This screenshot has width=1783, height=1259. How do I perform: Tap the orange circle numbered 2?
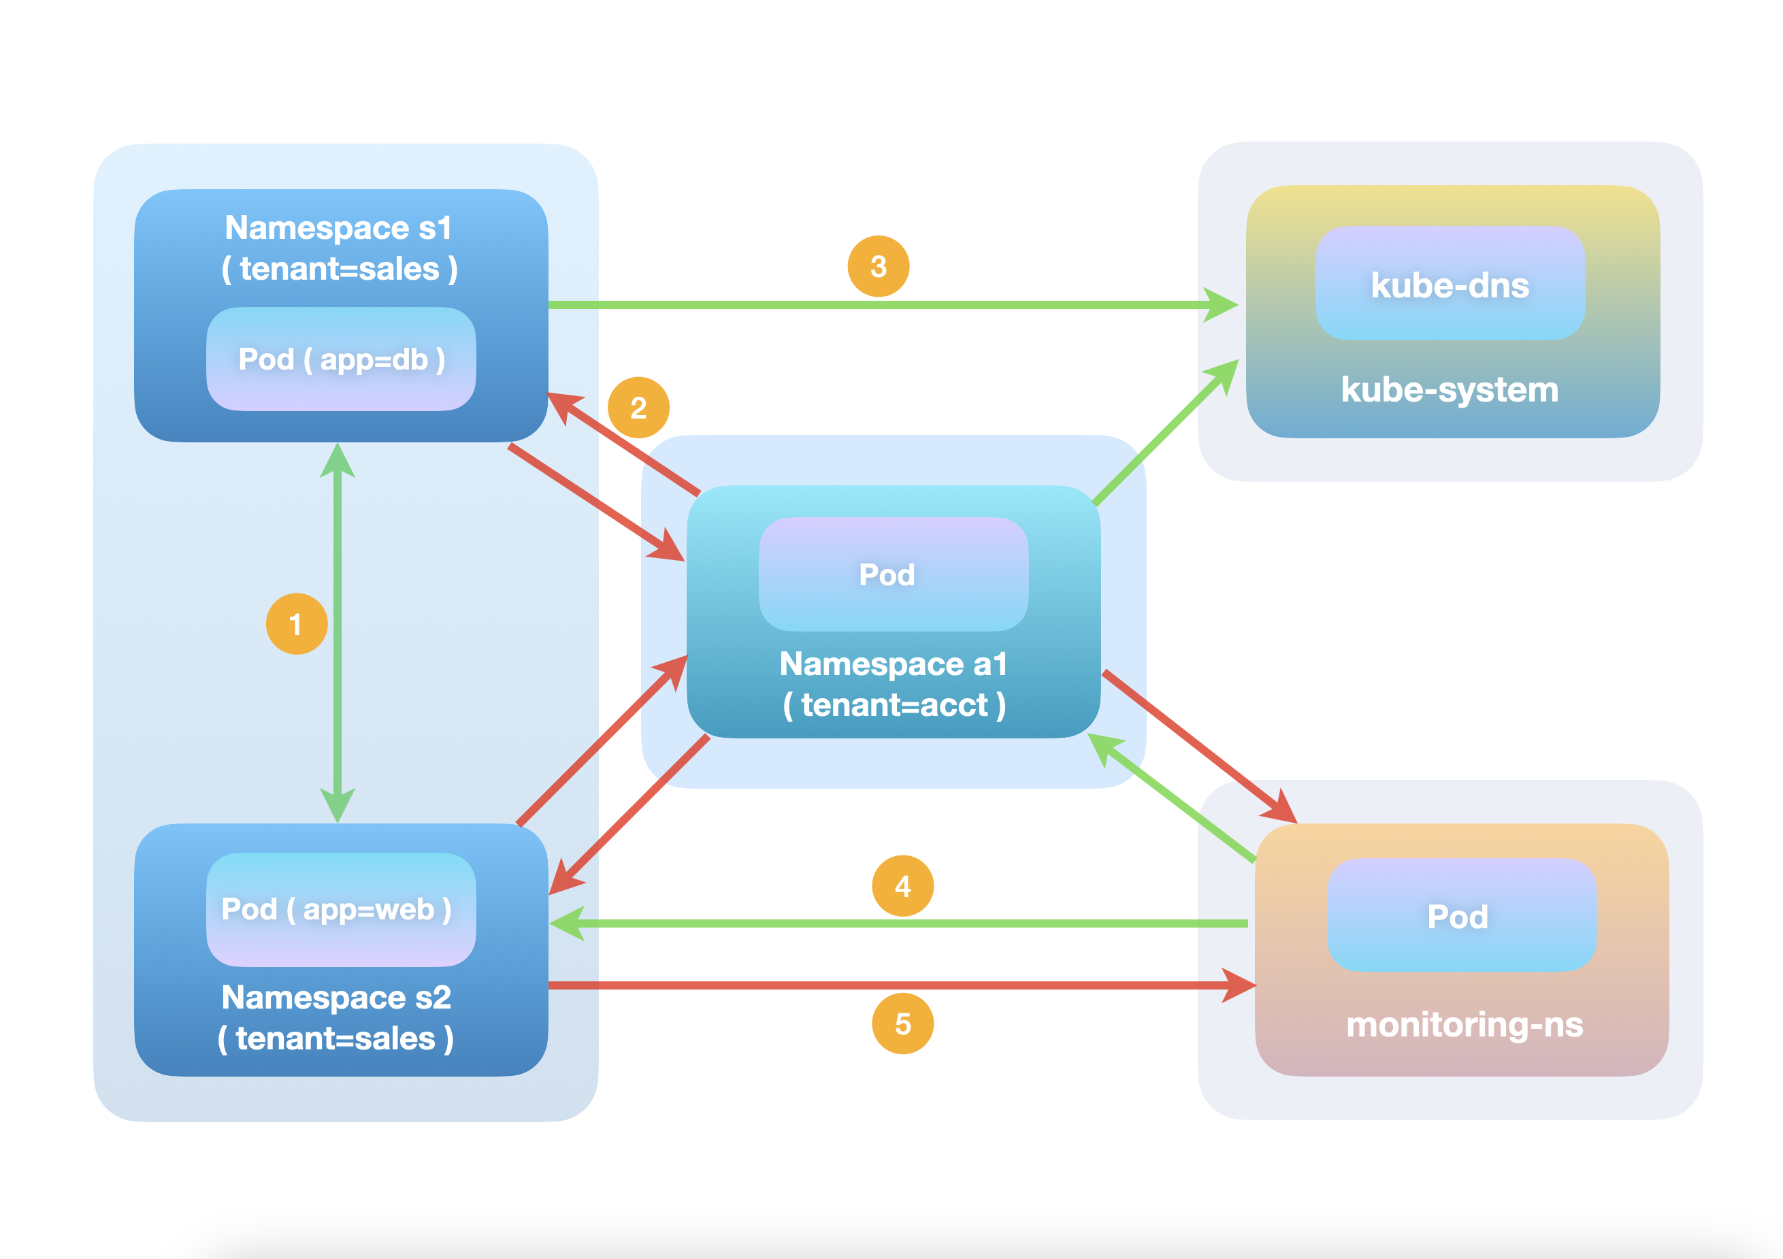coord(638,408)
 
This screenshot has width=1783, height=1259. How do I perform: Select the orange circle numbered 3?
coord(879,266)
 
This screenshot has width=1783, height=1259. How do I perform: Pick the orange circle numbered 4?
coord(902,886)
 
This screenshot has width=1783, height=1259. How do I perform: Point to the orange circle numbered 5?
coord(902,1024)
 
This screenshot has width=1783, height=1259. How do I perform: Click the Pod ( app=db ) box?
coord(341,359)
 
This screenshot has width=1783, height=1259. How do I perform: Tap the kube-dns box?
coord(1450,284)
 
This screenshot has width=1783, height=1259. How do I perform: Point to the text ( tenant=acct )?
coord(894,705)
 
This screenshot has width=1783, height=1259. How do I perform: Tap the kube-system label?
coord(1450,389)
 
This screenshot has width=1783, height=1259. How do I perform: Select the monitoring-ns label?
coord(1464,1024)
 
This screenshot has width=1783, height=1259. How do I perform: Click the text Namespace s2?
coord(336,997)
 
